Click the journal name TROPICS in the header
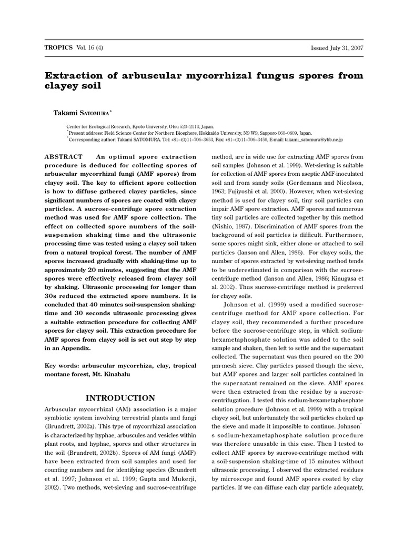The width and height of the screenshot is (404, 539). coord(58,47)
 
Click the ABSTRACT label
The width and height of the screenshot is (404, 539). coord(64,157)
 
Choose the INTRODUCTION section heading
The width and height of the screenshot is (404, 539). coord(120,398)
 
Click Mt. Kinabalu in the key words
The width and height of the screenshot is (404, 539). coord(114,374)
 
